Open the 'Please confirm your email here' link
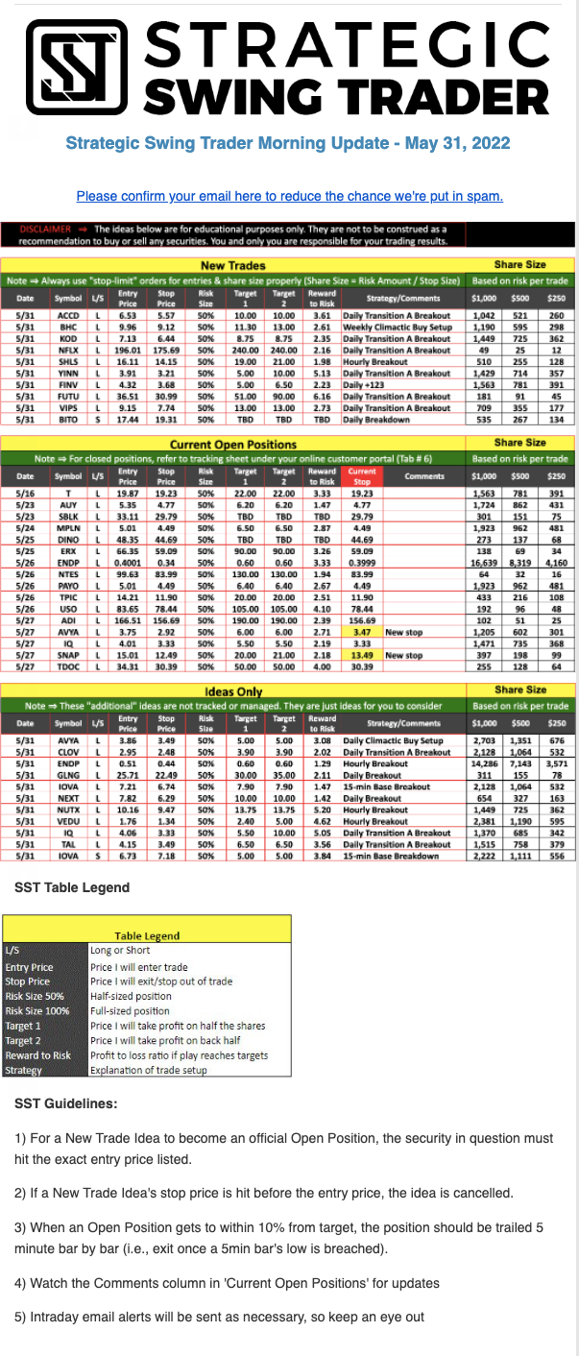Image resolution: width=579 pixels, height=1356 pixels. click(x=289, y=196)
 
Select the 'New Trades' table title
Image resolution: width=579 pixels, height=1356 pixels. click(x=232, y=265)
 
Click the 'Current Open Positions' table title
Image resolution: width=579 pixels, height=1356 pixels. click(x=232, y=445)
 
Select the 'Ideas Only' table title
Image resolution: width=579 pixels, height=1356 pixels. click(x=232, y=691)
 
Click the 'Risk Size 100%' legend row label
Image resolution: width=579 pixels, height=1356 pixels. click(x=37, y=1010)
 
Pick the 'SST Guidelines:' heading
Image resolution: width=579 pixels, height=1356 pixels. click(x=66, y=1103)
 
